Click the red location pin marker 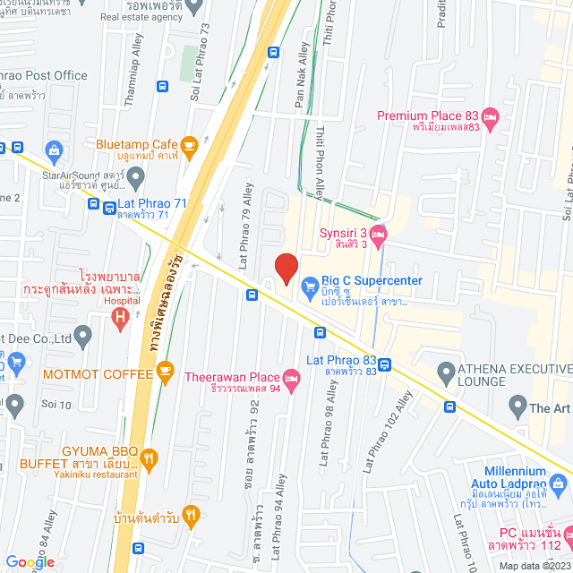click(x=286, y=268)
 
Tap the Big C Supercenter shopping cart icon click(x=311, y=286)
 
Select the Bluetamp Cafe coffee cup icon click(x=188, y=144)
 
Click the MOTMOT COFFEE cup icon click(x=164, y=369)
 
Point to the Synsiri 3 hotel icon click(x=379, y=235)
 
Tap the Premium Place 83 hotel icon click(x=490, y=116)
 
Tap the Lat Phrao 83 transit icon click(x=384, y=364)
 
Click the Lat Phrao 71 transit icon click(x=95, y=204)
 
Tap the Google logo click(x=30, y=562)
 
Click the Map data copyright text click(x=534, y=565)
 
